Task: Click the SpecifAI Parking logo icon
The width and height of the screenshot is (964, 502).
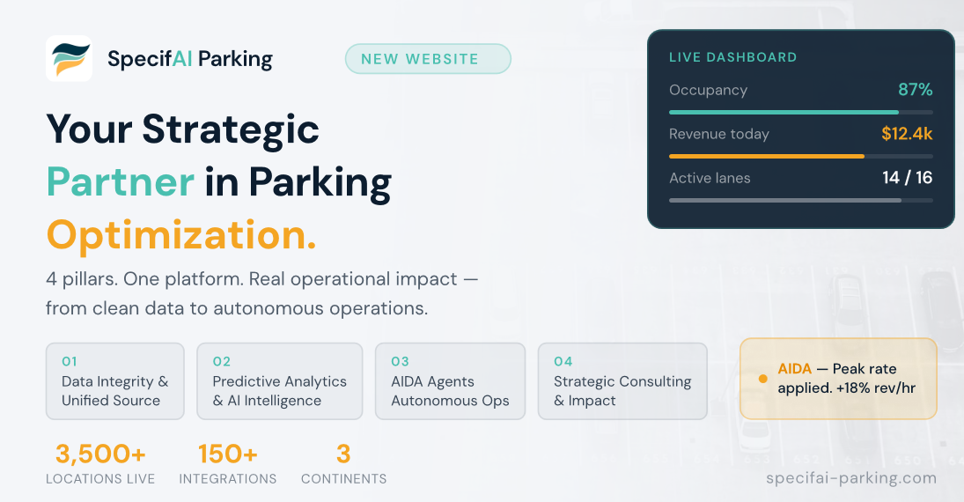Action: tap(69, 59)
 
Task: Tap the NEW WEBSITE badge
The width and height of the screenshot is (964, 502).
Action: tap(427, 59)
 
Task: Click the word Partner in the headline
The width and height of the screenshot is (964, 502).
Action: tap(120, 182)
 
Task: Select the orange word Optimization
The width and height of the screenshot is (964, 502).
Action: tap(181, 235)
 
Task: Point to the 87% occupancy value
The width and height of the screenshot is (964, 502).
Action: tap(915, 90)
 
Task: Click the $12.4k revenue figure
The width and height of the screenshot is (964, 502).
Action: tap(906, 134)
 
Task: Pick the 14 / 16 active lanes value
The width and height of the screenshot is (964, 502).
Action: tap(907, 178)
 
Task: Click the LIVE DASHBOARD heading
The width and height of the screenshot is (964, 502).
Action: tap(732, 57)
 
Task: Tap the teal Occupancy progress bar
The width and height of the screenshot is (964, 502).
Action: tap(784, 112)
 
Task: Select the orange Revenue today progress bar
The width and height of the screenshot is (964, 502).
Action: tap(766, 156)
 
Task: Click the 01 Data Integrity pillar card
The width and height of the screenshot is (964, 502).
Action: tap(114, 380)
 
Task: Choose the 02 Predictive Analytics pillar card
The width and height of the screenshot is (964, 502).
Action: tap(279, 380)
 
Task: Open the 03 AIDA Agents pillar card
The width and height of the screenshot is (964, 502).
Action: tap(450, 380)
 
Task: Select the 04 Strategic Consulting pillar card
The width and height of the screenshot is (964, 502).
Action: tap(622, 380)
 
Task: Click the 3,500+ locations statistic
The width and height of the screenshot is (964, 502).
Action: tap(100, 454)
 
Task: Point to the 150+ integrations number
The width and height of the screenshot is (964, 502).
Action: tap(227, 454)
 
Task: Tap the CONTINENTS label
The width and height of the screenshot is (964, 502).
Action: tap(343, 479)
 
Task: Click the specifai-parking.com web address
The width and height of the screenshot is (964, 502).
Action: tap(851, 478)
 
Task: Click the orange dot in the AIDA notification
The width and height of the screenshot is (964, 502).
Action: tap(762, 379)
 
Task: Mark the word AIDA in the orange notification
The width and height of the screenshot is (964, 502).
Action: tap(794, 369)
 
